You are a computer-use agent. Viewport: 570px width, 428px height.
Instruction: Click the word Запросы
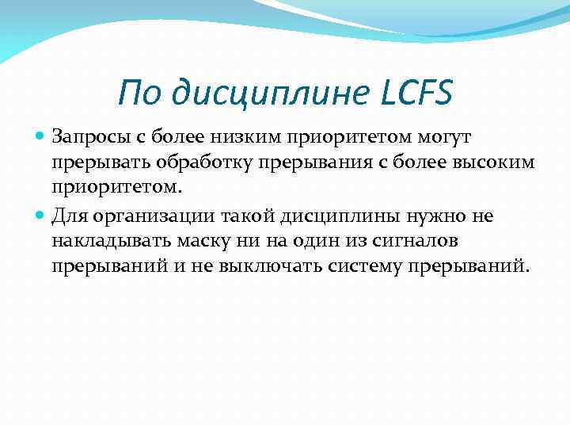click(x=89, y=138)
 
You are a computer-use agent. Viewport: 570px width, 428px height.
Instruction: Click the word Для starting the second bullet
click(x=67, y=215)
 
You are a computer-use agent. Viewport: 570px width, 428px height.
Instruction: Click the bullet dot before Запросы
click(x=41, y=138)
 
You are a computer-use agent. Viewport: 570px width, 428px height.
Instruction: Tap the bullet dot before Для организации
click(x=41, y=215)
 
